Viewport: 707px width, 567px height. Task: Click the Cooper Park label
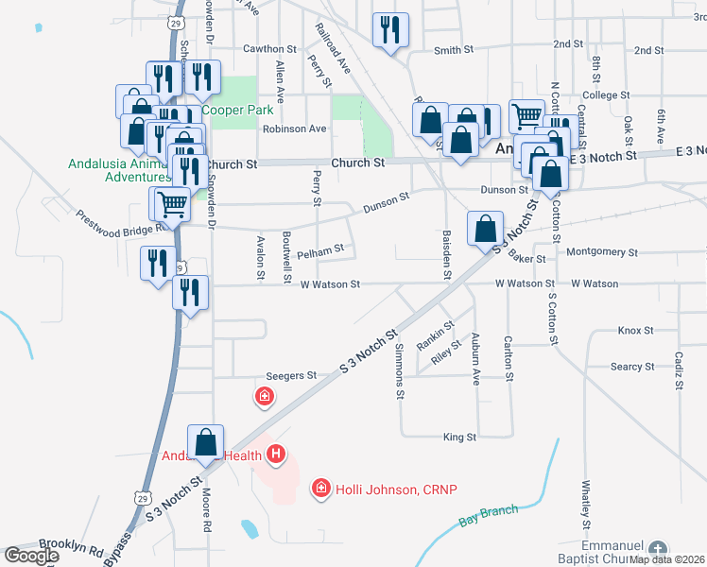(x=241, y=111)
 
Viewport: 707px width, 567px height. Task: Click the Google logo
(x=31, y=556)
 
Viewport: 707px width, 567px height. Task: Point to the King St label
(x=459, y=438)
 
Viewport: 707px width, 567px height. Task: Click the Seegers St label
(x=291, y=376)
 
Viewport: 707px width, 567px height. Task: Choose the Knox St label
(x=635, y=331)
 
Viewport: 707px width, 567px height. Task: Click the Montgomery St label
(x=602, y=252)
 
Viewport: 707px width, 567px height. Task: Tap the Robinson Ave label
(x=295, y=129)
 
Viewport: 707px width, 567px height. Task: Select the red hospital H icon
(x=276, y=456)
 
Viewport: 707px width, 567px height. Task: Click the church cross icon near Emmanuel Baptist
(x=659, y=549)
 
